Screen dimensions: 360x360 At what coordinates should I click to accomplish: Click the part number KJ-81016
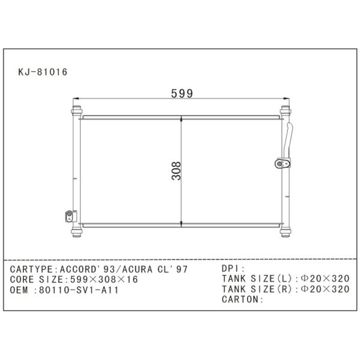coord(43,72)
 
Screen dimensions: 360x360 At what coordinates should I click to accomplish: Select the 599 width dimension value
coord(182,94)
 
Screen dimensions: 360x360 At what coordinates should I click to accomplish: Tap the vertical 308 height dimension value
coord(176,171)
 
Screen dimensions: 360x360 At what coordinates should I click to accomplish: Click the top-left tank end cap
coord(77,110)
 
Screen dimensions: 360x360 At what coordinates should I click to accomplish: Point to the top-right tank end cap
coord(286,110)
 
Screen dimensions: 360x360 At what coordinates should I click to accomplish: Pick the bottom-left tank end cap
coord(77,232)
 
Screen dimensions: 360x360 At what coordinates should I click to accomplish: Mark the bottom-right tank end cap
coord(286,232)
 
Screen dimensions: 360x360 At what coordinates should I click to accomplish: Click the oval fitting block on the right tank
coord(283,163)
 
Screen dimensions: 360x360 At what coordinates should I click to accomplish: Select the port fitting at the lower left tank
coord(71,216)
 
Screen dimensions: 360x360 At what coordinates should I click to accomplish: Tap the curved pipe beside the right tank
coord(288,140)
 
